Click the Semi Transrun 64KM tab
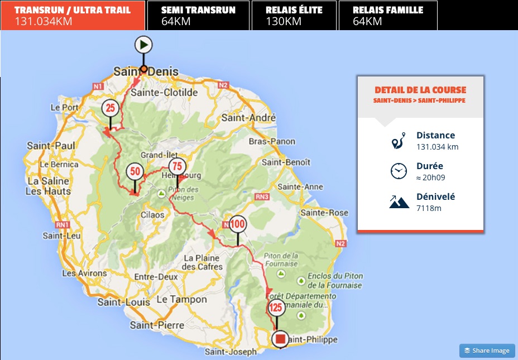(198, 15)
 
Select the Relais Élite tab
(294, 15)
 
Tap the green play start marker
(143, 45)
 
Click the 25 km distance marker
(110, 108)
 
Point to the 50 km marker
(135, 171)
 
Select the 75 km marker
(177, 166)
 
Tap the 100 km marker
(237, 224)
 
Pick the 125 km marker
(276, 308)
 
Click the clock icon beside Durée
(399, 171)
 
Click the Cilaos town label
(152, 214)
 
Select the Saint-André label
(248, 118)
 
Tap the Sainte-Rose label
(324, 213)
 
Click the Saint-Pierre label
(157, 325)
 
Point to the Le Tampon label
(177, 299)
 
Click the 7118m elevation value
(429, 208)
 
